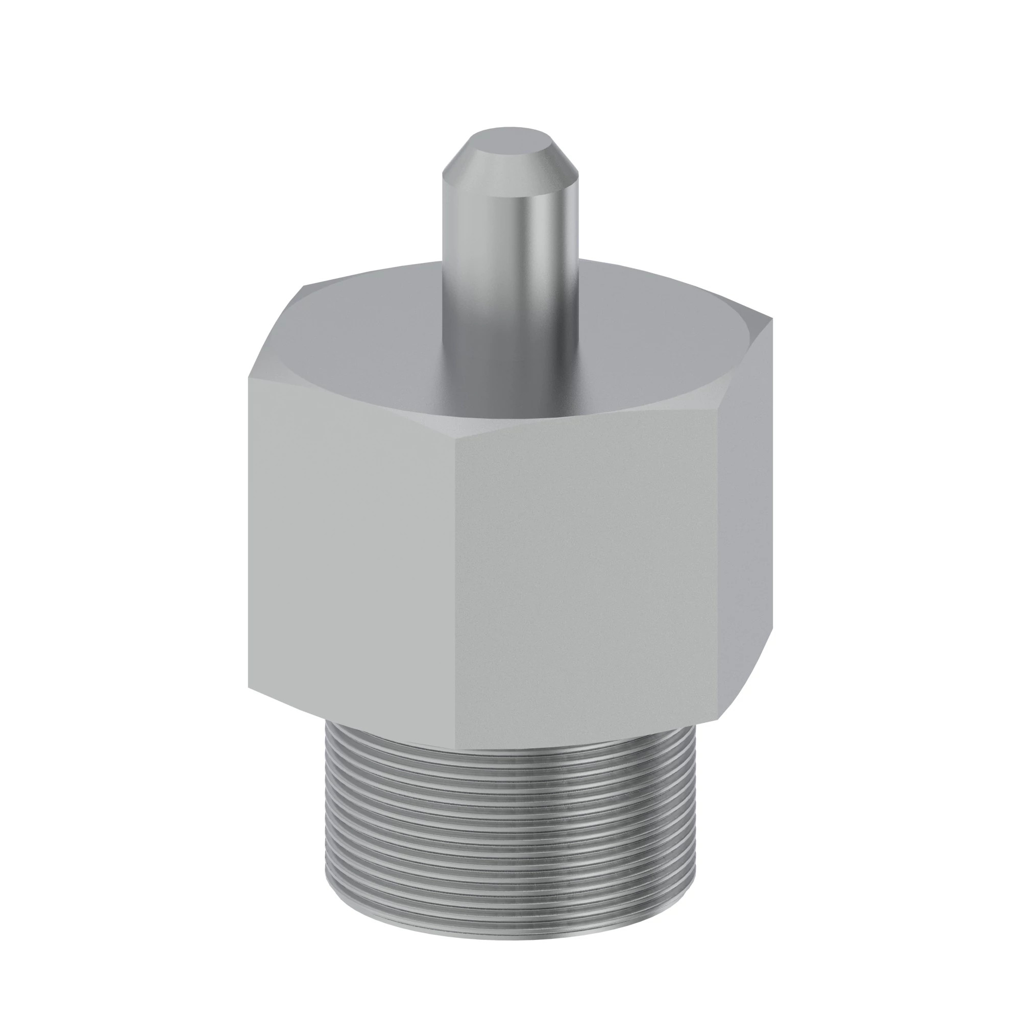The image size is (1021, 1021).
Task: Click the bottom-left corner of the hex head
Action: (x=249, y=687)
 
